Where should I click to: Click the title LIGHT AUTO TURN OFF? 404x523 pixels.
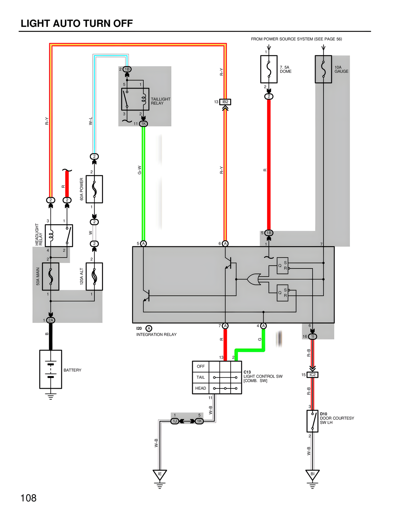pyautogui.click(x=76, y=23)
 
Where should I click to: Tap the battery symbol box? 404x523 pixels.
pyautogui.click(x=50, y=369)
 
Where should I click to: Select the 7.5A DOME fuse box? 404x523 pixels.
pyautogui.click(x=269, y=69)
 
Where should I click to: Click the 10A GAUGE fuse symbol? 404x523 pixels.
pyautogui.click(x=323, y=69)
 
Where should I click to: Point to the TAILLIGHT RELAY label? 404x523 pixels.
pyautogui.click(x=160, y=101)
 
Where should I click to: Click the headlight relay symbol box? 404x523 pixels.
pyautogui.click(x=59, y=236)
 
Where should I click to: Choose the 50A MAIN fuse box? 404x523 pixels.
pyautogui.click(x=50, y=276)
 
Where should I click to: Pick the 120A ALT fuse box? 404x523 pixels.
pyautogui.click(x=94, y=276)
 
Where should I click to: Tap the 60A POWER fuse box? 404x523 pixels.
pyautogui.click(x=94, y=189)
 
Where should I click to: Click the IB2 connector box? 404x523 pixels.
pyautogui.click(x=225, y=102)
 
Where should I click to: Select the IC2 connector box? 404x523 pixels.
pyautogui.click(x=312, y=375)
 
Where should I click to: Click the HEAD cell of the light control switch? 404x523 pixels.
pyautogui.click(x=201, y=388)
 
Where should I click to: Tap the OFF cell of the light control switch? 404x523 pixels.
pyautogui.click(x=201, y=366)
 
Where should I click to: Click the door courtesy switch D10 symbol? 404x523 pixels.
pyautogui.click(x=312, y=421)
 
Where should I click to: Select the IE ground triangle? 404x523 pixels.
pyautogui.click(x=160, y=474)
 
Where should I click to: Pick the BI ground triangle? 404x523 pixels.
pyautogui.click(x=312, y=474)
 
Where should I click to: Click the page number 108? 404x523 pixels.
pyautogui.click(x=28, y=498)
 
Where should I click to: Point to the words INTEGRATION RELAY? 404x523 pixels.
pyautogui.click(x=156, y=334)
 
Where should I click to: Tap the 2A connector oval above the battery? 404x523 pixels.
pyautogui.click(x=50, y=320)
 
